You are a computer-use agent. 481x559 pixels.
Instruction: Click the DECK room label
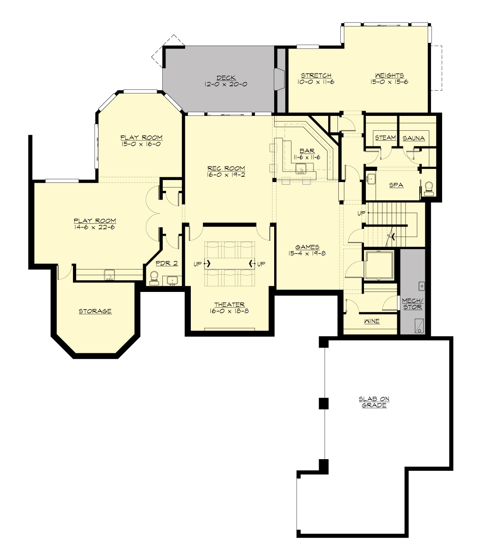[x=226, y=78]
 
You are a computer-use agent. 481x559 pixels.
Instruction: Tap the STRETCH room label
[x=316, y=75]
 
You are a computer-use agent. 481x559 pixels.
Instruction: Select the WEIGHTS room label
[x=389, y=75]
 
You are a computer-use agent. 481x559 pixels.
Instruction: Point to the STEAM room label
[x=385, y=138]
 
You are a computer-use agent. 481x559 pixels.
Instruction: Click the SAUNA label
[x=414, y=138]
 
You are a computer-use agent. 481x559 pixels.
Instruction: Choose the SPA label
[x=396, y=185]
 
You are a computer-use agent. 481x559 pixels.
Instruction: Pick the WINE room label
[x=372, y=321]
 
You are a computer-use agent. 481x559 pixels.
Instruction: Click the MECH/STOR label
[x=412, y=304]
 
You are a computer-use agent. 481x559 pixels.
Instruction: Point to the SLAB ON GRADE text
[x=374, y=402]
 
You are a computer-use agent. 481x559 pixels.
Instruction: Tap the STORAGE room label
[x=95, y=311]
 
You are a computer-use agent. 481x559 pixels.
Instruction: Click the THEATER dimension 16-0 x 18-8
[x=229, y=311]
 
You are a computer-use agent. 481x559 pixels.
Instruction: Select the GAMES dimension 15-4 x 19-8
[x=307, y=253]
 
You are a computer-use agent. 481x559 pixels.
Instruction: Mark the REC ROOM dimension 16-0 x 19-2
[x=226, y=175]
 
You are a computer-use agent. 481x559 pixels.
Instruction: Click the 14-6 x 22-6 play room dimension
[x=95, y=227]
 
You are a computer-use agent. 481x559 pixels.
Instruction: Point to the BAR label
[x=307, y=151]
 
